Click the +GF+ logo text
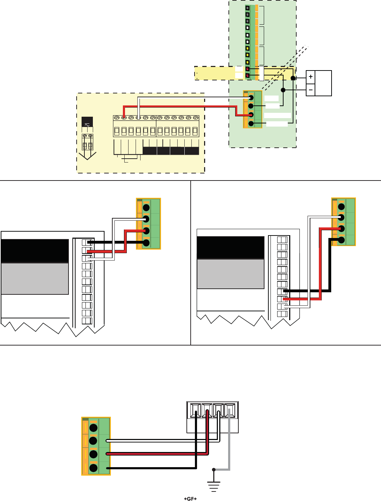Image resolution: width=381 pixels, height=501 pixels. [190, 499]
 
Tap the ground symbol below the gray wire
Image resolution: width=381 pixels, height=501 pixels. [214, 486]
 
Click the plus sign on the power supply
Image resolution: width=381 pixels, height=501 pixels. [310, 77]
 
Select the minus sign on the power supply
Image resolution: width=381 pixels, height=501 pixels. [310, 90]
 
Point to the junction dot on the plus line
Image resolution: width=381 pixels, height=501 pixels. [293, 78]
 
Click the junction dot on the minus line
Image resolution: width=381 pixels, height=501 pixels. [283, 90]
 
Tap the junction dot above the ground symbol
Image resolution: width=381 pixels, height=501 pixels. [214, 470]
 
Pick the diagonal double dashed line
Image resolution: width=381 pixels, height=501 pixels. [286, 67]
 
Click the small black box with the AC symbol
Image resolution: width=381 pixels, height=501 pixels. [87, 122]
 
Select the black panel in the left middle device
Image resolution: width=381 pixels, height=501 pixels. [35, 251]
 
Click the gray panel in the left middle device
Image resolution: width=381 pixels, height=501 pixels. [35, 279]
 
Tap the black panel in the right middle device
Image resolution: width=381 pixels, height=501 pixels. [230, 248]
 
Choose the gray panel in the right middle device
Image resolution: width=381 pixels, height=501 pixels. [230, 274]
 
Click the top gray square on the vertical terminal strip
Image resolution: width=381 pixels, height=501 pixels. [248, 8]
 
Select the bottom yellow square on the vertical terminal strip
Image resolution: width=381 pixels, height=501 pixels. [248, 62]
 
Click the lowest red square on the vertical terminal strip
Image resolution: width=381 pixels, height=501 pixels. [248, 75]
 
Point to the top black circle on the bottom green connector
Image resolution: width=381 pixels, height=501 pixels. [94, 428]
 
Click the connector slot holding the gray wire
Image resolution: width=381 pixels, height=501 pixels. [230, 411]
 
